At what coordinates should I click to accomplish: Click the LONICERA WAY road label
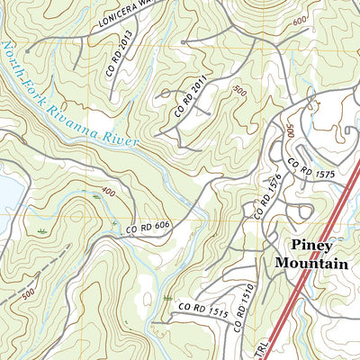click(x=127, y=13)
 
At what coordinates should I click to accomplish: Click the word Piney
click(x=310, y=245)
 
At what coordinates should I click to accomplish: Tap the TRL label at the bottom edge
click(x=233, y=350)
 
